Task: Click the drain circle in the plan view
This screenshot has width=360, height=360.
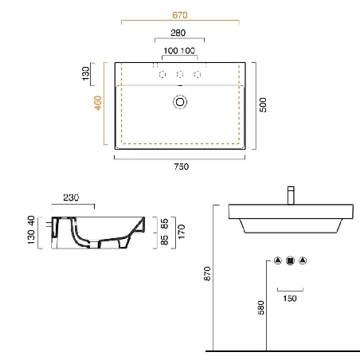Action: (180, 102)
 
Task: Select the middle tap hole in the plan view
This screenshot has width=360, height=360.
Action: (180, 75)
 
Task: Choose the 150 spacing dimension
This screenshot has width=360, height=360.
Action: (290, 299)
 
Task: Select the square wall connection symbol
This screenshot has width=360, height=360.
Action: (290, 260)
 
